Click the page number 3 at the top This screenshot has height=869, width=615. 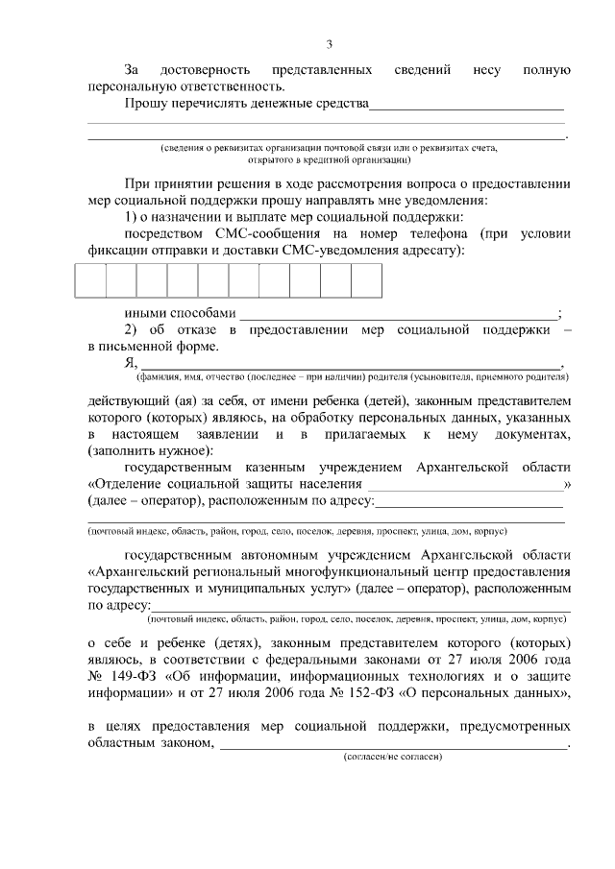pyautogui.click(x=329, y=44)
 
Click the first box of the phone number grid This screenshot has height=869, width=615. pyautogui.click(x=90, y=279)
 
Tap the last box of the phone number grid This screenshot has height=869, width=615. pyautogui.click(x=366, y=279)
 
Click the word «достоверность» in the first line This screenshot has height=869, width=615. pyautogui.click(x=207, y=71)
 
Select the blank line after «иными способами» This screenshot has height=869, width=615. pyautogui.click(x=397, y=313)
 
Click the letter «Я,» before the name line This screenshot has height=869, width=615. pyautogui.click(x=132, y=363)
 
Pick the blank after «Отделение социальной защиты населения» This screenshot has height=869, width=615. pyautogui.click(x=465, y=485)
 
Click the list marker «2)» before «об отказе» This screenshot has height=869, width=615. pyautogui.click(x=132, y=330)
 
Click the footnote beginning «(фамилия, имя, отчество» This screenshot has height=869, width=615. pyautogui.click(x=350, y=376)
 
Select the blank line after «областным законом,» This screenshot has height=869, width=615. pyautogui.click(x=393, y=742)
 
